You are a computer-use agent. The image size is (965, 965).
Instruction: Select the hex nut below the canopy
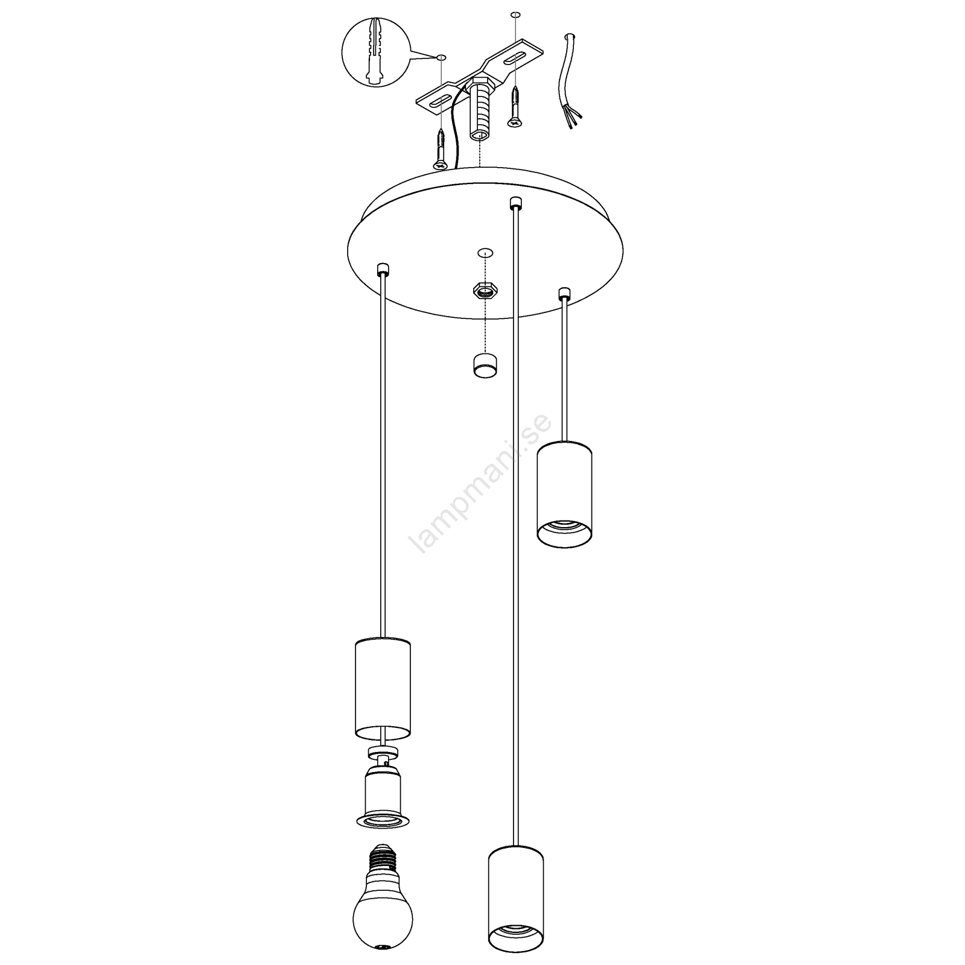click(x=482, y=291)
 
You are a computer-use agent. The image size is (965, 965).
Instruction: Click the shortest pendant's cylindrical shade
click(x=564, y=495)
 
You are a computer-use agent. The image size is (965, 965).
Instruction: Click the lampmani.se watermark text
click(x=480, y=483)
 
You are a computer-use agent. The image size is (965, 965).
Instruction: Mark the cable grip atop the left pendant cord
click(x=381, y=269)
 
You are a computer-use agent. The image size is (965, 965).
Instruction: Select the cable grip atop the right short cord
click(x=564, y=294)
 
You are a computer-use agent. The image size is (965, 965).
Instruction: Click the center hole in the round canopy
click(x=484, y=253)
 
